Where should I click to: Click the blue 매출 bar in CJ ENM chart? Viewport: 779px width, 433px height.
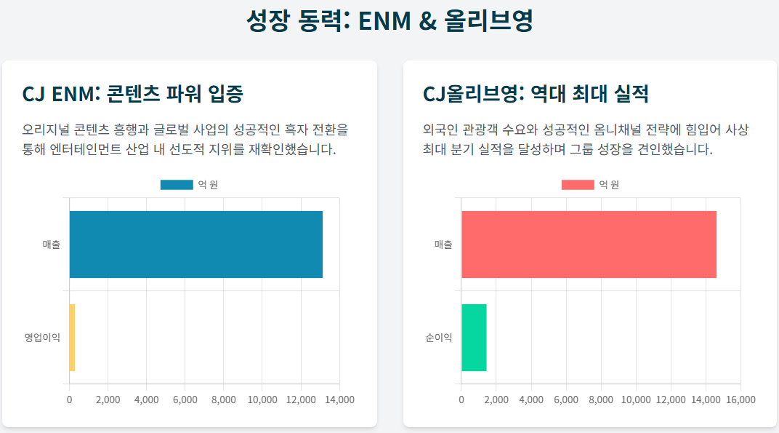[195, 245]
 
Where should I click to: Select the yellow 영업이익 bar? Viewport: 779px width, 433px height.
[72, 337]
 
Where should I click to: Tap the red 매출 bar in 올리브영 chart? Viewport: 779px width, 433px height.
[589, 245]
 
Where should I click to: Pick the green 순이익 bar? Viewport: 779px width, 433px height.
[474, 337]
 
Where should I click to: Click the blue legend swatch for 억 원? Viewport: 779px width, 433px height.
[177, 185]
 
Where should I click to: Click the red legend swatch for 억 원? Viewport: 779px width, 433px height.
[578, 185]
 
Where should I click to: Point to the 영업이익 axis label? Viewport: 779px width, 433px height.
[42, 338]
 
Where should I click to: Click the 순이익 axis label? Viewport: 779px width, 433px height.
[439, 338]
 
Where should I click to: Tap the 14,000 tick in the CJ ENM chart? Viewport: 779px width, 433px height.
[339, 400]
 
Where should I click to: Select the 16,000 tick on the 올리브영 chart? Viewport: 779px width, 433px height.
[740, 400]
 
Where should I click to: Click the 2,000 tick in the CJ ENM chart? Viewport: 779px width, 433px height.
[108, 400]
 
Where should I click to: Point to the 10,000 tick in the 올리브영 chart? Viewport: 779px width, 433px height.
[636, 400]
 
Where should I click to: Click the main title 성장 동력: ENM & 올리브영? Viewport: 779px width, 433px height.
[389, 20]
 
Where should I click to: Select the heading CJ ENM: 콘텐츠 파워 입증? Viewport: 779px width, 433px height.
[133, 94]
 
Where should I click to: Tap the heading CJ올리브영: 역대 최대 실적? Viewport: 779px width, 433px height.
[536, 94]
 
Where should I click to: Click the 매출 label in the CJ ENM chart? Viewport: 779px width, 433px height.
[52, 245]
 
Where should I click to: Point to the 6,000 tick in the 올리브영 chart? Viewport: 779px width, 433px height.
[566, 400]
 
